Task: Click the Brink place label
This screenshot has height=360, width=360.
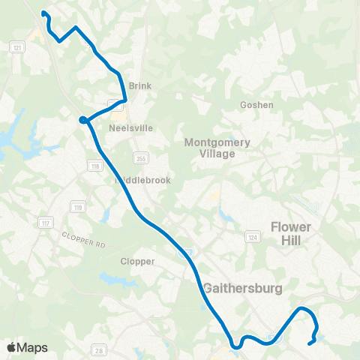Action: tap(140, 86)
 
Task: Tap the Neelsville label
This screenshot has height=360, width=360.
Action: tap(130, 128)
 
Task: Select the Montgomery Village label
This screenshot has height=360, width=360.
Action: tap(210, 147)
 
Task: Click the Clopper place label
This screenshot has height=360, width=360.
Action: tap(137, 262)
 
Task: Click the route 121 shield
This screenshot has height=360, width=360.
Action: tap(16, 47)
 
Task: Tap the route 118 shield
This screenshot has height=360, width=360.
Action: tap(94, 165)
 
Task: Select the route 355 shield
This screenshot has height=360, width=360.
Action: tap(141, 157)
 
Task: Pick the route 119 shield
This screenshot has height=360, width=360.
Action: tap(76, 206)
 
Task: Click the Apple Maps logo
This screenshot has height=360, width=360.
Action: tap(27, 347)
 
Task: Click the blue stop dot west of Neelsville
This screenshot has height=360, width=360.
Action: tap(83, 118)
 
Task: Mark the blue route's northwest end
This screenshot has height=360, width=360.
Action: tap(43, 13)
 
